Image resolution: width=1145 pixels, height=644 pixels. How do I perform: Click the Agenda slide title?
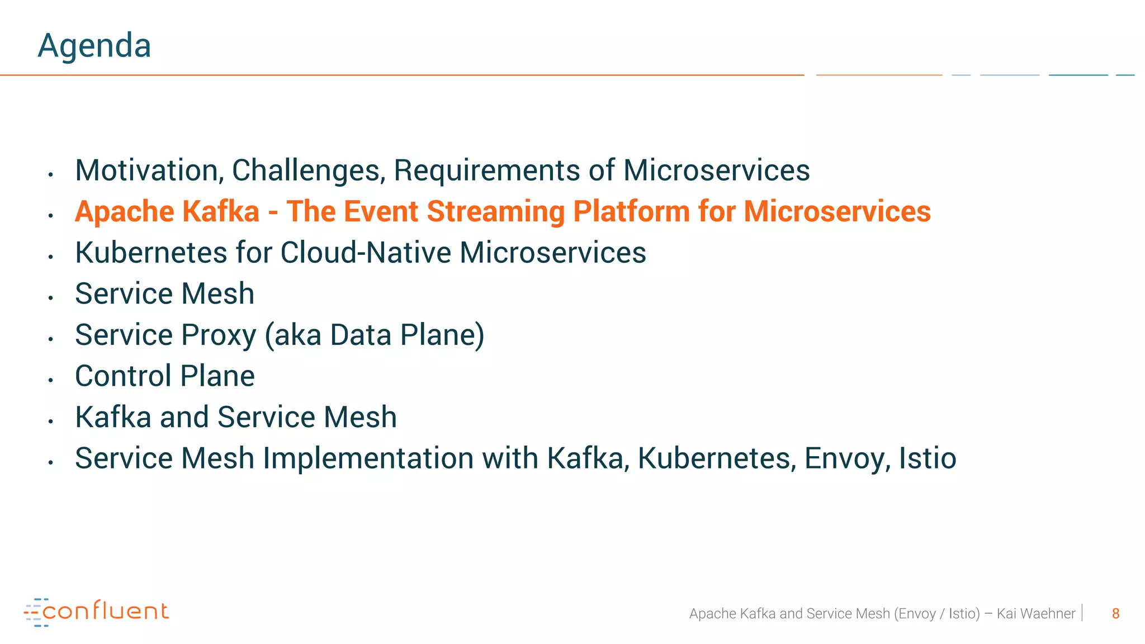coord(94,46)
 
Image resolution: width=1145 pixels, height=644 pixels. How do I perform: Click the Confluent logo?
coord(96,612)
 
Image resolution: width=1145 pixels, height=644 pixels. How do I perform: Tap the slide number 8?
coord(1115,614)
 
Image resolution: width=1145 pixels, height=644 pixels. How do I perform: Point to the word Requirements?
coord(487,171)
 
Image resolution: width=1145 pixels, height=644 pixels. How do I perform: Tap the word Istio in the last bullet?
coord(928,458)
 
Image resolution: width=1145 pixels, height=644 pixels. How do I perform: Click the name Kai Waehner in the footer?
coord(1036,614)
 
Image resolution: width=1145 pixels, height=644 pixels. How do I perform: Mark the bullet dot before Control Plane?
coord(50,380)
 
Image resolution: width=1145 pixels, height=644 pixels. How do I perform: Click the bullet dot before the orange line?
coord(50,215)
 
